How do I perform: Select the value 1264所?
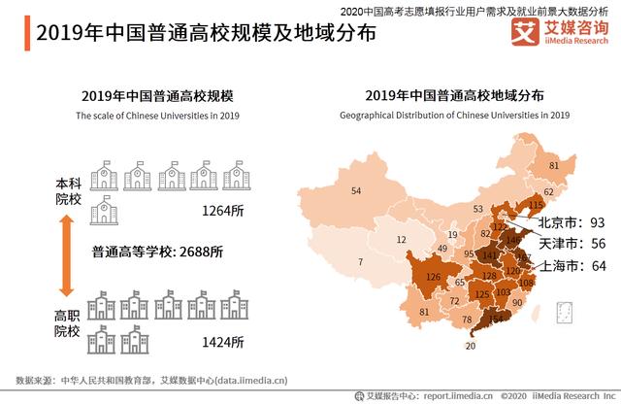coord(223,210)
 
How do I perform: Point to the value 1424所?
coord(223,340)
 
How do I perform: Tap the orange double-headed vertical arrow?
coord(67,255)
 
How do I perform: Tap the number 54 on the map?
coord(356,190)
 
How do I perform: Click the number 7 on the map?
coord(360,262)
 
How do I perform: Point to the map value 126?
coord(434,278)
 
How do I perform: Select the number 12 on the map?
coord(401,240)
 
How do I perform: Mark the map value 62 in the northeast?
coord(547,192)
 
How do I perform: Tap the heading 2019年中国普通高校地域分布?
coord(454,96)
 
